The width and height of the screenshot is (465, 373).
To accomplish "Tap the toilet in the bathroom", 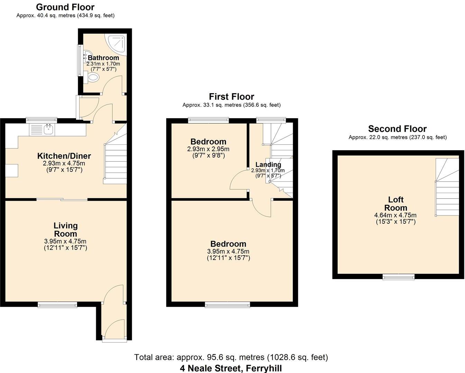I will (92, 78).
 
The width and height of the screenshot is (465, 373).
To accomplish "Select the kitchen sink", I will (48, 130).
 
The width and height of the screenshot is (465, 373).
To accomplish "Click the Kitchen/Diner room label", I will (64, 156).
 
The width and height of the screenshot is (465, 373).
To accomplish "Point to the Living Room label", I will (65, 230).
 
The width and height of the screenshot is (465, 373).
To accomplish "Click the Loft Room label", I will (396, 204).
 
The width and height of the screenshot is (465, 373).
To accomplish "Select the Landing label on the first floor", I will (268, 164).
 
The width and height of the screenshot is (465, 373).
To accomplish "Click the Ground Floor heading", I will (65, 7).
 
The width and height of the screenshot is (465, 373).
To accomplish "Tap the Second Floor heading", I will (397, 129).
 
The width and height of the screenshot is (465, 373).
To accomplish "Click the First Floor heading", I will (231, 97).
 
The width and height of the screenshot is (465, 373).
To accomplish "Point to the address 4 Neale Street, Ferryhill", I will (231, 368).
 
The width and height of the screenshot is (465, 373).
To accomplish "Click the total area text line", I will (231, 357).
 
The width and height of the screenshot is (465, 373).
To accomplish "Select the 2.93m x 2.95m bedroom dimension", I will (208, 149).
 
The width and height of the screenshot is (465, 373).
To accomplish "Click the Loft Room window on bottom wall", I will (398, 276).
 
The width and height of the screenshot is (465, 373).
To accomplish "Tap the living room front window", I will (57, 304).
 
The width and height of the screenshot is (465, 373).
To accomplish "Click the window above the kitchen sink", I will (42, 120).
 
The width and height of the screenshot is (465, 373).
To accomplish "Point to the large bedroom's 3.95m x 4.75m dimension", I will (228, 251).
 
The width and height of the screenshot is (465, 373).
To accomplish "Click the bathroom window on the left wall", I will (80, 60).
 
